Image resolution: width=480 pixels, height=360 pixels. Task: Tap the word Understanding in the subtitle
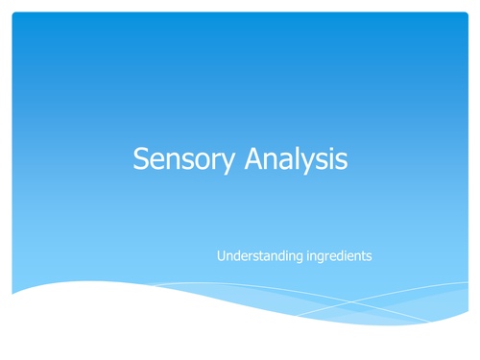[257, 256]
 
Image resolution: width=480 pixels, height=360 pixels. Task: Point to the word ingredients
[337, 256]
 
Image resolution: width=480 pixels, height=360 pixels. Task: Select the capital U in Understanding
[222, 255]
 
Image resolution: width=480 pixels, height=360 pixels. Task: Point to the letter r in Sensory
[206, 161]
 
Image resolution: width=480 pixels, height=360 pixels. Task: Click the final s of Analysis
[340, 161]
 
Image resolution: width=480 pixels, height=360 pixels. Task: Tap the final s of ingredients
[371, 257]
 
